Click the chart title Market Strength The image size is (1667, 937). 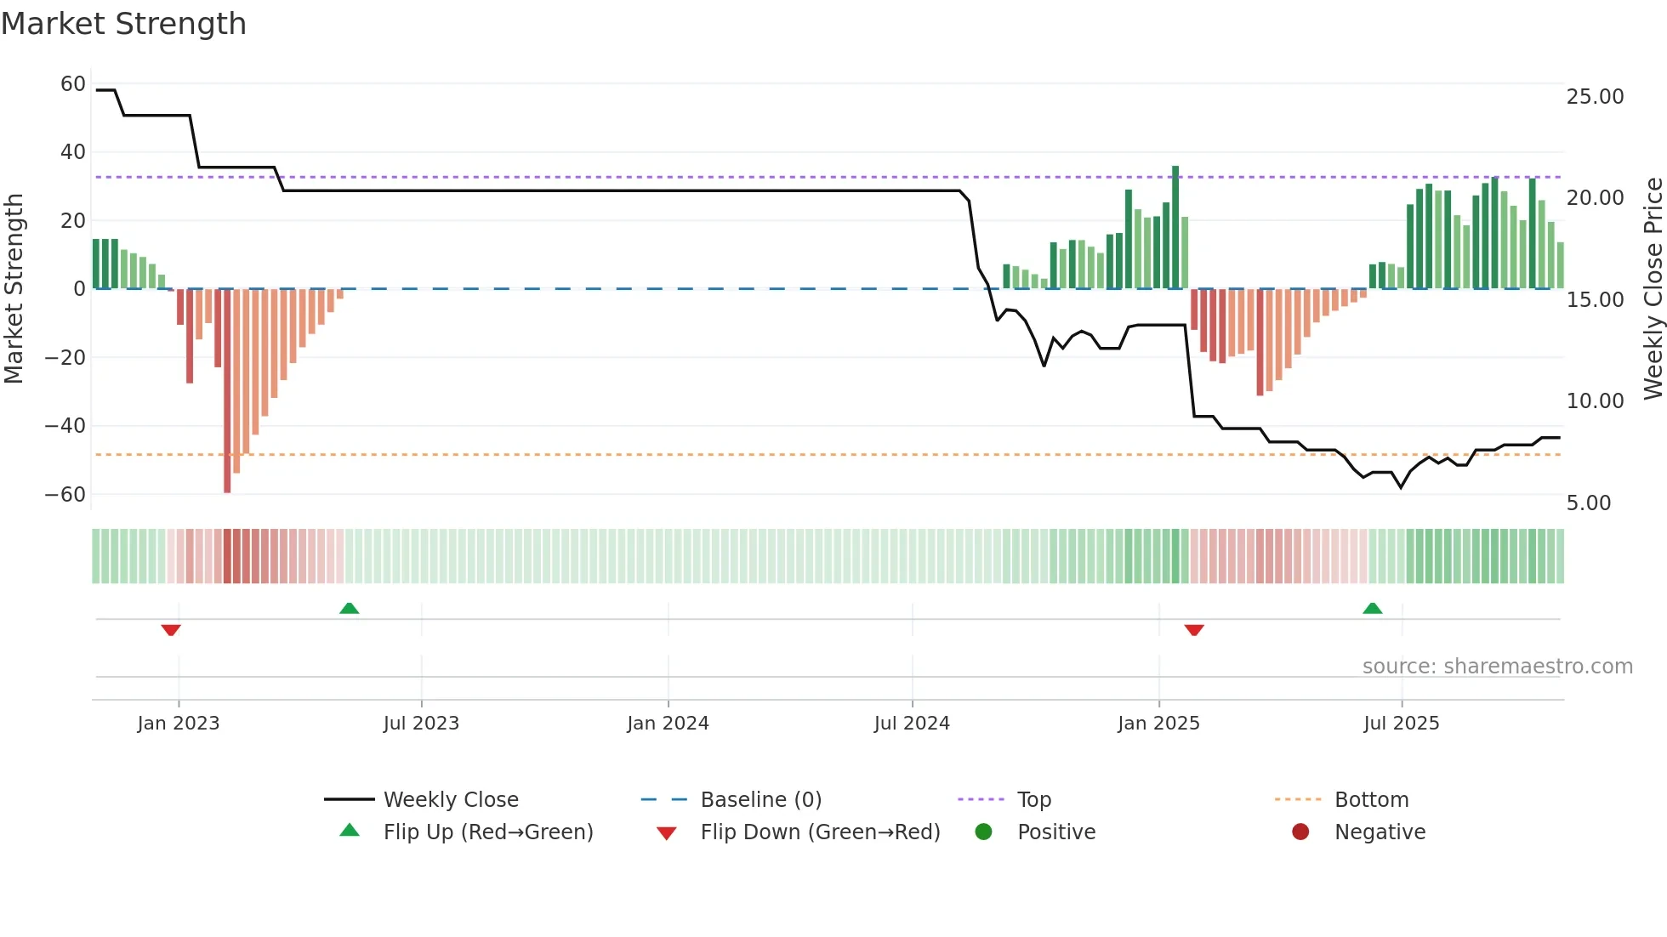coord(123,24)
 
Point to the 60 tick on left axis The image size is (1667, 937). coord(73,84)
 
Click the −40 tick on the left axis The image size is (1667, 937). coord(65,426)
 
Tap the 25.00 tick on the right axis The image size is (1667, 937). coord(1595,97)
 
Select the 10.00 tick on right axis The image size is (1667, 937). coord(1595,401)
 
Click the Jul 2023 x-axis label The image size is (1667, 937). coord(421,724)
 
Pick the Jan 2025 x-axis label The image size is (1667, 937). coord(1158,724)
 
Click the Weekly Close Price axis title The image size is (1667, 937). coord(1653,289)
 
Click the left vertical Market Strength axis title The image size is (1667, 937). coord(14,289)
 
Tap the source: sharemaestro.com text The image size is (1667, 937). coord(1497,667)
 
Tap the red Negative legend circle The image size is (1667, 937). coord(1300,832)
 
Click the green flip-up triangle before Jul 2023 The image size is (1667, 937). coord(349,609)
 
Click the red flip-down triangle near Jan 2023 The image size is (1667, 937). coord(171,630)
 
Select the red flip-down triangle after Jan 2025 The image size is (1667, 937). coord(1194,630)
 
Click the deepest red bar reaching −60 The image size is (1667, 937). coord(227,391)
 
